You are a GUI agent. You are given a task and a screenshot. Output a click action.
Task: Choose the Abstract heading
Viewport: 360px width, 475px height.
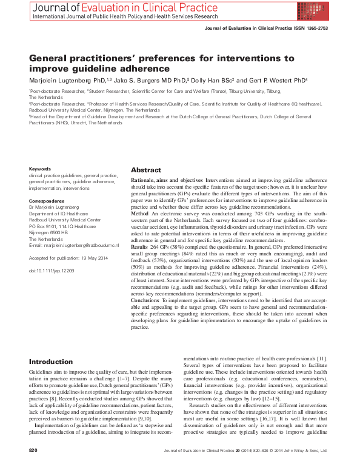click(x=145, y=170)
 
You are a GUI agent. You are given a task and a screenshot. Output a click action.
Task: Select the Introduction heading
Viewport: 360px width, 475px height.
click(x=51, y=362)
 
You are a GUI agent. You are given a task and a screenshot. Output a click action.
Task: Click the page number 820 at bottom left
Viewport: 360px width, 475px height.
click(x=33, y=468)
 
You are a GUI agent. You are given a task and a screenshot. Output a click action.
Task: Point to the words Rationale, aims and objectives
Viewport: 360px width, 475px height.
click(x=167, y=181)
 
